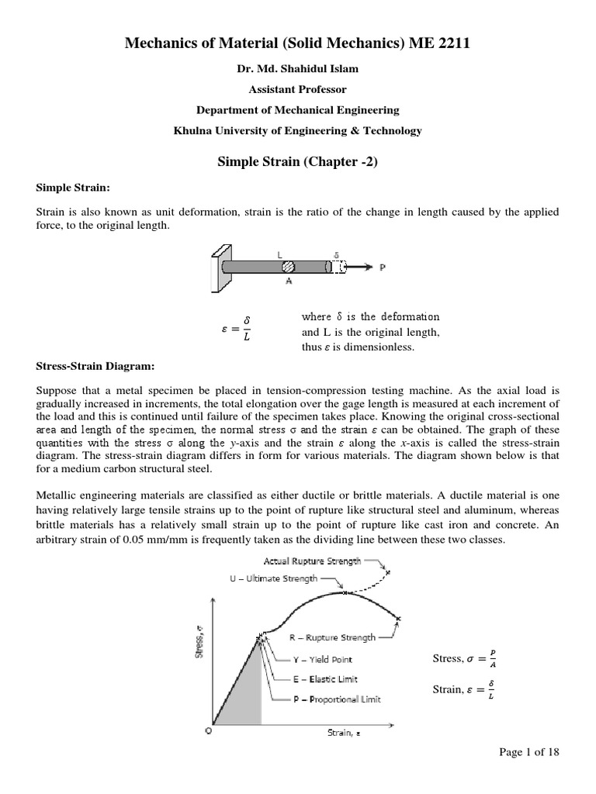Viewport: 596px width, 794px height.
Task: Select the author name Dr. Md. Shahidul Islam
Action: (x=297, y=68)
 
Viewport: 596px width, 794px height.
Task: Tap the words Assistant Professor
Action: (x=297, y=89)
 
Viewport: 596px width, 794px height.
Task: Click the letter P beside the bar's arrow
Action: (x=383, y=267)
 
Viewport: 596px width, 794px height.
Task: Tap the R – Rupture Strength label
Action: (x=332, y=637)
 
